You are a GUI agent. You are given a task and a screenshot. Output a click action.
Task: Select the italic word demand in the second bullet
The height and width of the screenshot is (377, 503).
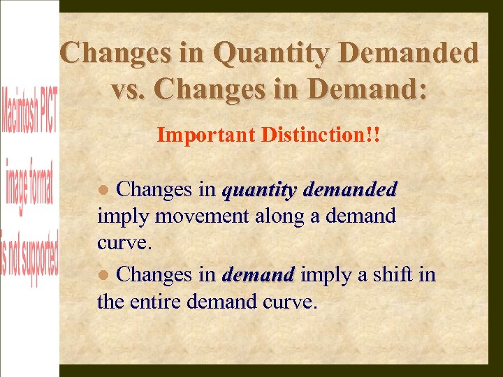258,275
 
